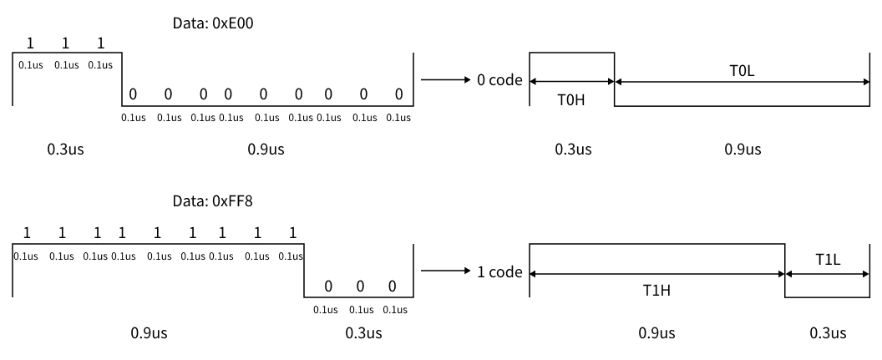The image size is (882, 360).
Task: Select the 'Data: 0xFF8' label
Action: [212, 201]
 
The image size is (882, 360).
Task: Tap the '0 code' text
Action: [499, 81]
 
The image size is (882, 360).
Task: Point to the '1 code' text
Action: [499, 272]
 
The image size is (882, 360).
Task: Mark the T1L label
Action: [827, 261]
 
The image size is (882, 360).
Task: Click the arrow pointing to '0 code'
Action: [446, 80]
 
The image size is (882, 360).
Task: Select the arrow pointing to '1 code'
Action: [446, 271]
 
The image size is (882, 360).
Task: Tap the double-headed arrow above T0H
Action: [572, 81]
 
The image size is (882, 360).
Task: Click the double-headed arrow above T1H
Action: [657, 273]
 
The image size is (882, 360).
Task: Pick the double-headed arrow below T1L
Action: [827, 273]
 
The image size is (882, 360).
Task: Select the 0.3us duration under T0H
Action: [573, 150]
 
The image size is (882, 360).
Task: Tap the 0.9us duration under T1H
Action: [657, 333]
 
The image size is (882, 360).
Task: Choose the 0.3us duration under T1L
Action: [828, 333]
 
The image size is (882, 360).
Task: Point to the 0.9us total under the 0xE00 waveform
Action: [266, 150]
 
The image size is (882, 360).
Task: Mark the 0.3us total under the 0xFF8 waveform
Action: [363, 333]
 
